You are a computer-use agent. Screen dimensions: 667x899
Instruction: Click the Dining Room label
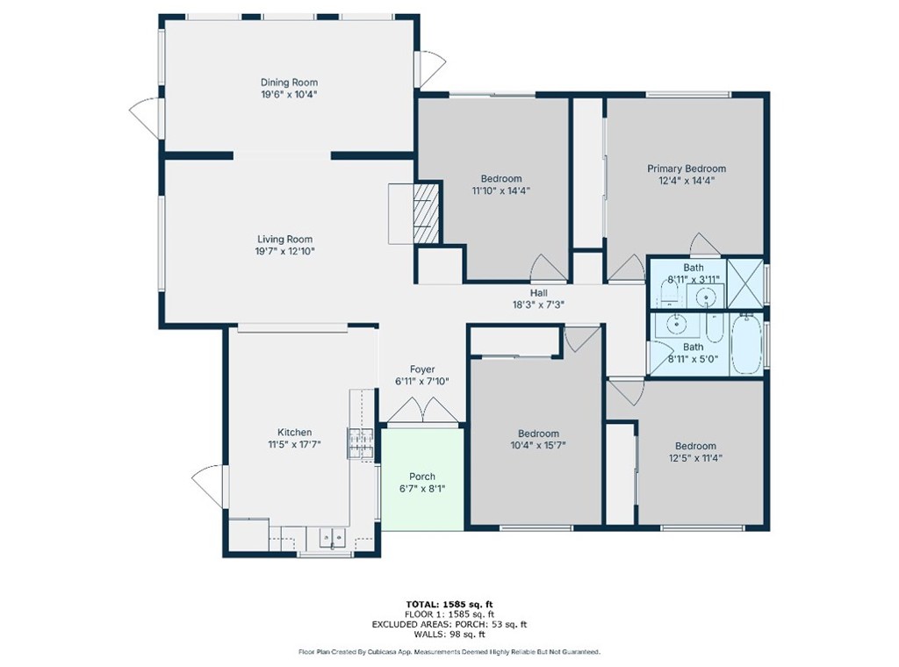pos(288,82)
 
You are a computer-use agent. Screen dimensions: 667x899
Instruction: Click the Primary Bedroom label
pos(687,169)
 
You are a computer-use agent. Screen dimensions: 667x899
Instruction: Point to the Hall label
pos(539,293)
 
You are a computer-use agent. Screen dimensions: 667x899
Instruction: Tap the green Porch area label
pos(422,477)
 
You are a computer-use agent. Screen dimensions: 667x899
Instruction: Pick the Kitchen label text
pos(295,432)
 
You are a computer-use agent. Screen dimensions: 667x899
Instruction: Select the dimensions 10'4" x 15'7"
pos(538,446)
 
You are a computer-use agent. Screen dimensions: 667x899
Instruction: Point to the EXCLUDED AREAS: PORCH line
pos(449,624)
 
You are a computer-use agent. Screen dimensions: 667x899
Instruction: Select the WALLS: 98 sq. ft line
pos(449,634)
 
